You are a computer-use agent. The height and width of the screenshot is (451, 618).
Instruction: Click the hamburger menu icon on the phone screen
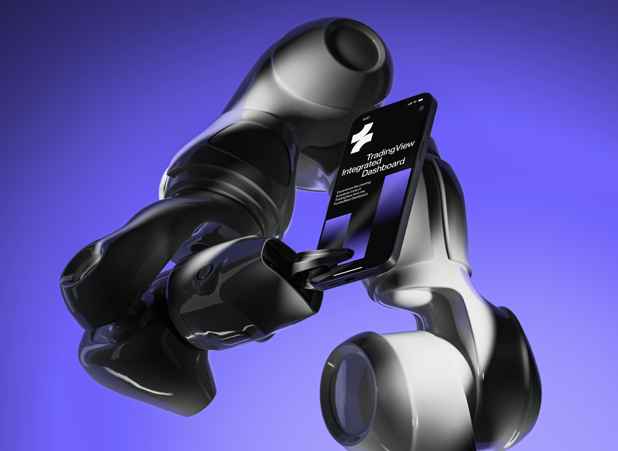pos(421,108)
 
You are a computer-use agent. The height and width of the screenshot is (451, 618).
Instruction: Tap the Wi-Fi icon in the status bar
pos(415,102)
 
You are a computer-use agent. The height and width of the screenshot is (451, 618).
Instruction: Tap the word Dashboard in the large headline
pos(383,167)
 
